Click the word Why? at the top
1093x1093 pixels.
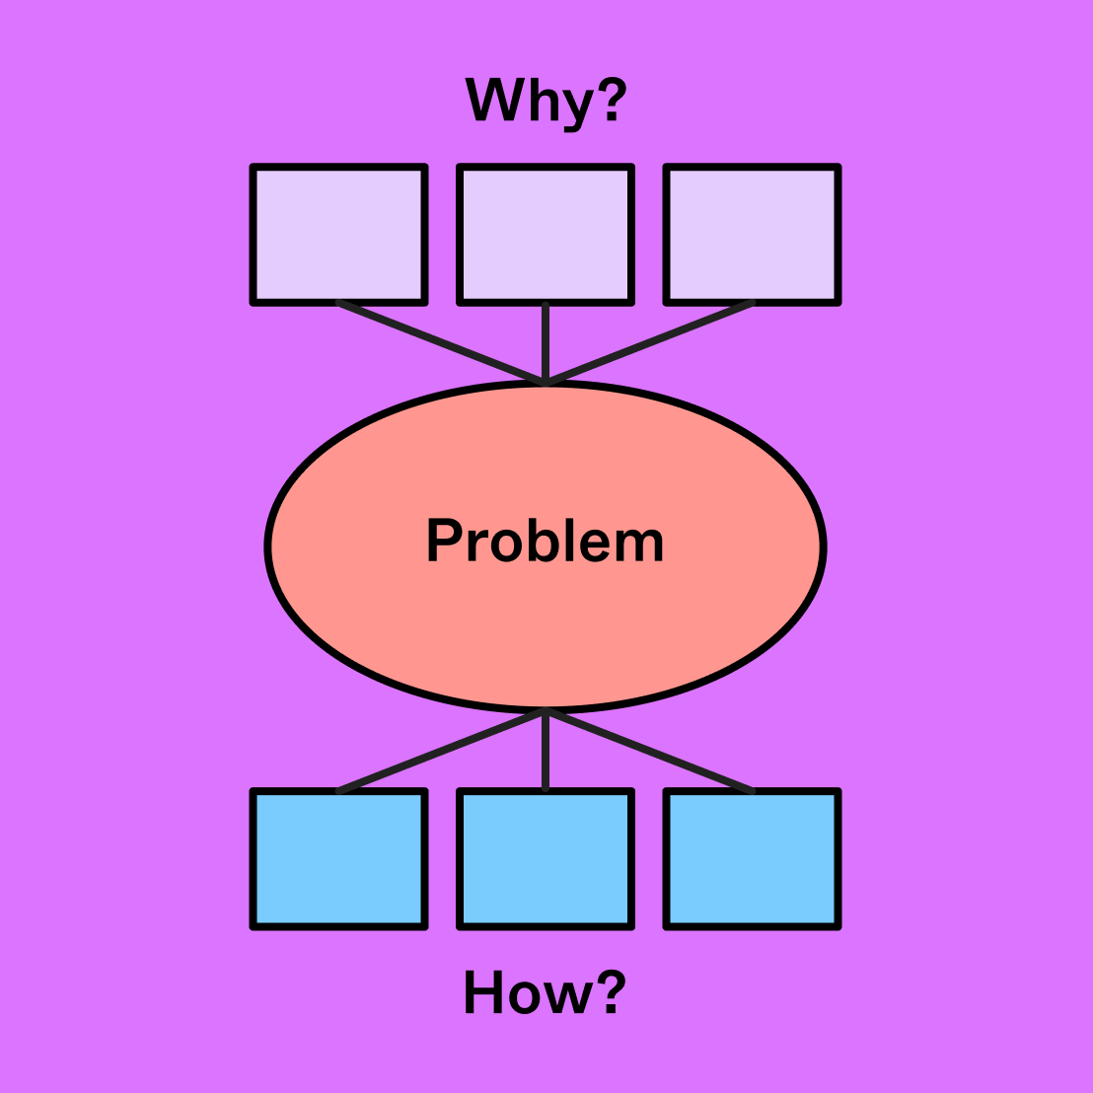pos(546,101)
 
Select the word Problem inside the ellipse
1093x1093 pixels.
pos(545,542)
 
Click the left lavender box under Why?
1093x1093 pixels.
pos(339,235)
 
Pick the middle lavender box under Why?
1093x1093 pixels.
pos(546,235)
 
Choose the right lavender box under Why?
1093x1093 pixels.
pos(753,235)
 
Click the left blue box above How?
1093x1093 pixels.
pos(339,858)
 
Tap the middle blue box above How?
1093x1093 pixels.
pos(546,858)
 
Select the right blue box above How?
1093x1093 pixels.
pos(753,858)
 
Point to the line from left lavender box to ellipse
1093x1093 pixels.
pos(442,341)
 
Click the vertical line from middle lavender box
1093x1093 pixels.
pos(546,340)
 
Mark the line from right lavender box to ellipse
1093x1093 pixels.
pos(649,341)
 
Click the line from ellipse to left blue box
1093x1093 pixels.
pos(442,751)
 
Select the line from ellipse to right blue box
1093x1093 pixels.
pos(649,751)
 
